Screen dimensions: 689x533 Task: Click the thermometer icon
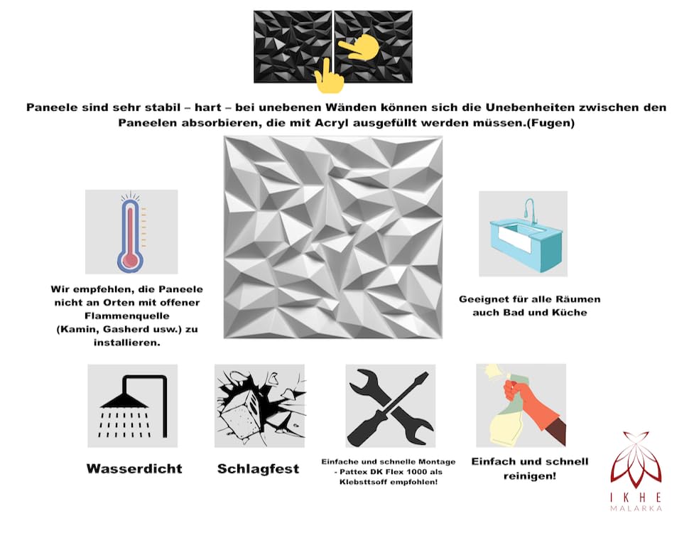[131, 233]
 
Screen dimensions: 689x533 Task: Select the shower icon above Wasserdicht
[133, 407]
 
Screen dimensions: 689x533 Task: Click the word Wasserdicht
[134, 469]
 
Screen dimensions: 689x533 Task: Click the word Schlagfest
[258, 469]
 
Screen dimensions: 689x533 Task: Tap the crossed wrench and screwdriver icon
[390, 407]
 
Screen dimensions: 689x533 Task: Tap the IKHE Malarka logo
[636, 471]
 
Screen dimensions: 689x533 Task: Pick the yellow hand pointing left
[359, 47]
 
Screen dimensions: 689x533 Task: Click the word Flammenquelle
[127, 316]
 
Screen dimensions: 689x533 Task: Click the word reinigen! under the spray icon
[529, 476]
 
